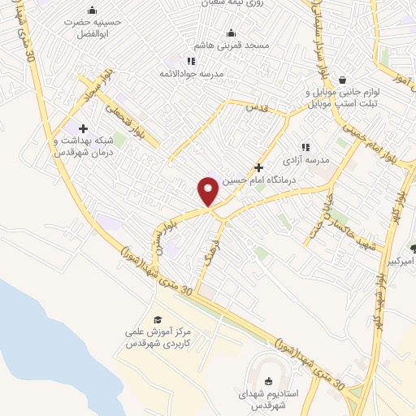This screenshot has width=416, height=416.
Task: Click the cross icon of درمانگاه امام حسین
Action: pos(258,167)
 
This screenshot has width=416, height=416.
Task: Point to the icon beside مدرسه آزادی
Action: pos(305,147)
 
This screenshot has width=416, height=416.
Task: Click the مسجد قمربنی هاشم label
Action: pos(232,46)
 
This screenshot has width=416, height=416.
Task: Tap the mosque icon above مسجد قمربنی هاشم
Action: pos(232,33)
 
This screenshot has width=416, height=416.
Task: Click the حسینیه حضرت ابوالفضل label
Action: pos(92,29)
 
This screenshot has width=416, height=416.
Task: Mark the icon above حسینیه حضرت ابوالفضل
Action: pos(92,11)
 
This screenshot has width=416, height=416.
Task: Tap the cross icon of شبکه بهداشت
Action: pos(83,128)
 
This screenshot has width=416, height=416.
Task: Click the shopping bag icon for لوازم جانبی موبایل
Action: pos(343,80)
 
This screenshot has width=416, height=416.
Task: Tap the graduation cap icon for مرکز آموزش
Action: pos(158,319)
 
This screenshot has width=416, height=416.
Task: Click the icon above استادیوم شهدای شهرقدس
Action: pos(268,380)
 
